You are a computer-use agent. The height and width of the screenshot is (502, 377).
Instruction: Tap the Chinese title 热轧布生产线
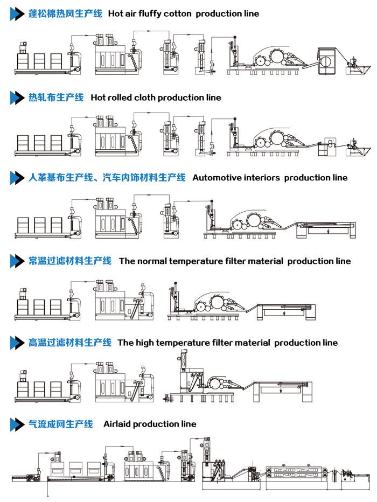56,97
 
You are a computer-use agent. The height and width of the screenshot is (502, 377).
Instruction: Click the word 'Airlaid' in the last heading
117,424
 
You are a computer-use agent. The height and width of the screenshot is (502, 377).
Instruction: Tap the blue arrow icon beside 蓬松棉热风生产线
17,14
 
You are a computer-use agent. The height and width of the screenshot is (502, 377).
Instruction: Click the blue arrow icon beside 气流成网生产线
17,424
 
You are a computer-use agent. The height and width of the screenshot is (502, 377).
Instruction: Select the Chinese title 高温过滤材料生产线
70,343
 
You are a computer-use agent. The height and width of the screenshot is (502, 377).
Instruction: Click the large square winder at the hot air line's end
326,61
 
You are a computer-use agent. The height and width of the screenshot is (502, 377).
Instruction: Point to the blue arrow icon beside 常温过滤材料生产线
17,261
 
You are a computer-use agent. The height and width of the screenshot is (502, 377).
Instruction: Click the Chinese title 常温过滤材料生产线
70,261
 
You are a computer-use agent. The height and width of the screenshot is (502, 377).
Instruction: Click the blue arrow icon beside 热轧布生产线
17,97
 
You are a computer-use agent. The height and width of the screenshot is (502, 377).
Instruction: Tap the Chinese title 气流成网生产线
61,424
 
